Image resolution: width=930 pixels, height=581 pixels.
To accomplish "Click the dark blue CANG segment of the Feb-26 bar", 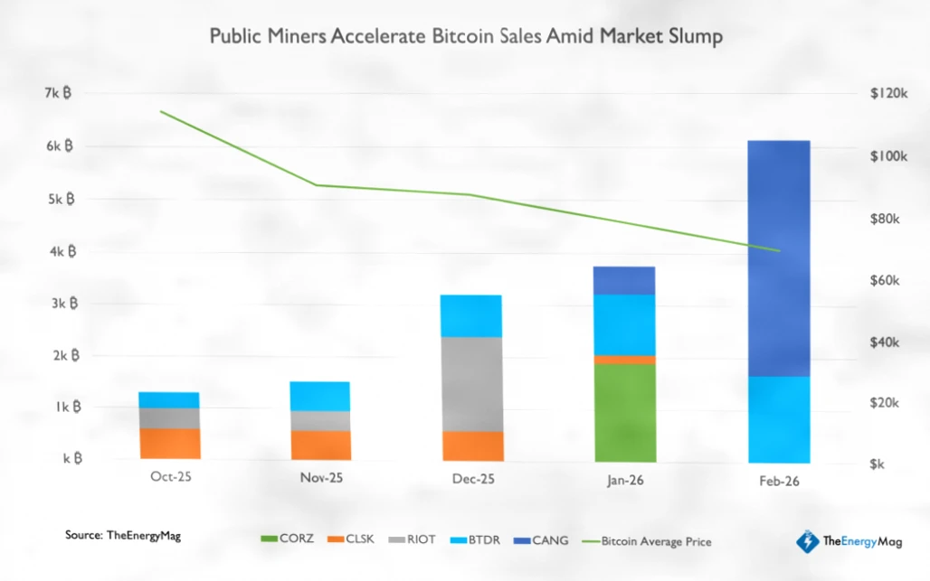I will (x=779, y=258).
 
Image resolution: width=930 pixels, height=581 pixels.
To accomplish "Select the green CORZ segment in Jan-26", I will (x=625, y=412).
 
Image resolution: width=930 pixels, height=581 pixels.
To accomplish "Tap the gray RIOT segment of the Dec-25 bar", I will (x=471, y=384).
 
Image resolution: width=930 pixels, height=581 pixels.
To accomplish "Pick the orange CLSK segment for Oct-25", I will (x=169, y=444).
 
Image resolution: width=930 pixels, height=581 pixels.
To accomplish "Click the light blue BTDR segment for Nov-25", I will (x=319, y=396).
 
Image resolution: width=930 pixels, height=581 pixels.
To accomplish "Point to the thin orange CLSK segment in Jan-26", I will (x=625, y=360).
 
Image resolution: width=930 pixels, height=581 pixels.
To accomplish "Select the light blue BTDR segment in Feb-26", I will (x=779, y=418).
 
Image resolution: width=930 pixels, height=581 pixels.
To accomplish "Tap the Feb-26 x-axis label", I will (x=779, y=482).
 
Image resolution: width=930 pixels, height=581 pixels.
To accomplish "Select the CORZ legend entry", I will (x=287, y=539).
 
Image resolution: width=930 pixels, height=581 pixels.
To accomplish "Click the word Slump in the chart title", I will (x=690, y=37).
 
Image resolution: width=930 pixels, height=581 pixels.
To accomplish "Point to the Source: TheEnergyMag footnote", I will (x=122, y=536).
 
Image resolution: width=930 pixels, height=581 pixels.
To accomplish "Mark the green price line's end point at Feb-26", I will (x=779, y=251).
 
